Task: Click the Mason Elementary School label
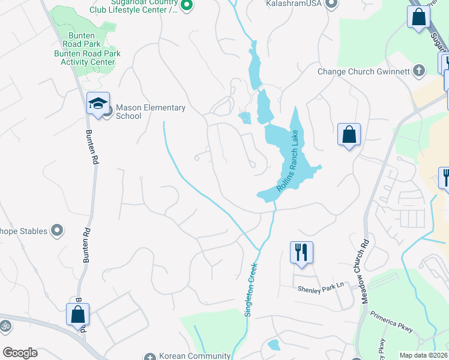(x=151, y=112)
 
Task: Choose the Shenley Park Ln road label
(x=323, y=288)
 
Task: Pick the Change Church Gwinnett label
(x=364, y=71)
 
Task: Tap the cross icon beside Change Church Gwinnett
(x=419, y=71)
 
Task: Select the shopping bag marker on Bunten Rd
(x=77, y=314)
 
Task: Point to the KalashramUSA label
(x=293, y=4)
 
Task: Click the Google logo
(x=20, y=353)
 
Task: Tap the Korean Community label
(x=194, y=356)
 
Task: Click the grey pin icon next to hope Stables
(x=57, y=230)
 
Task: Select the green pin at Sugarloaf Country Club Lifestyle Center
(x=187, y=5)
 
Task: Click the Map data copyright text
(x=424, y=355)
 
